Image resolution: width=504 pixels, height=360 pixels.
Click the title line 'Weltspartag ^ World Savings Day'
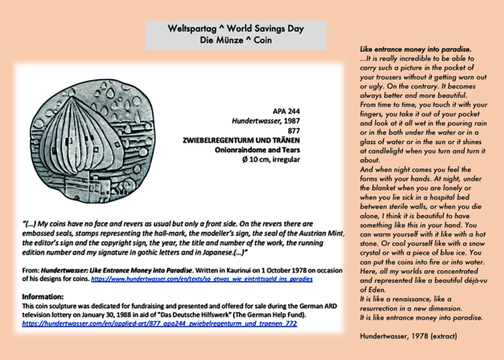[235, 29]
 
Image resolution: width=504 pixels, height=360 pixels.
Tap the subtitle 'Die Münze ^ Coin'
[235, 40]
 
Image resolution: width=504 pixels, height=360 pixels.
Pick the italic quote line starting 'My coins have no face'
[169, 224]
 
